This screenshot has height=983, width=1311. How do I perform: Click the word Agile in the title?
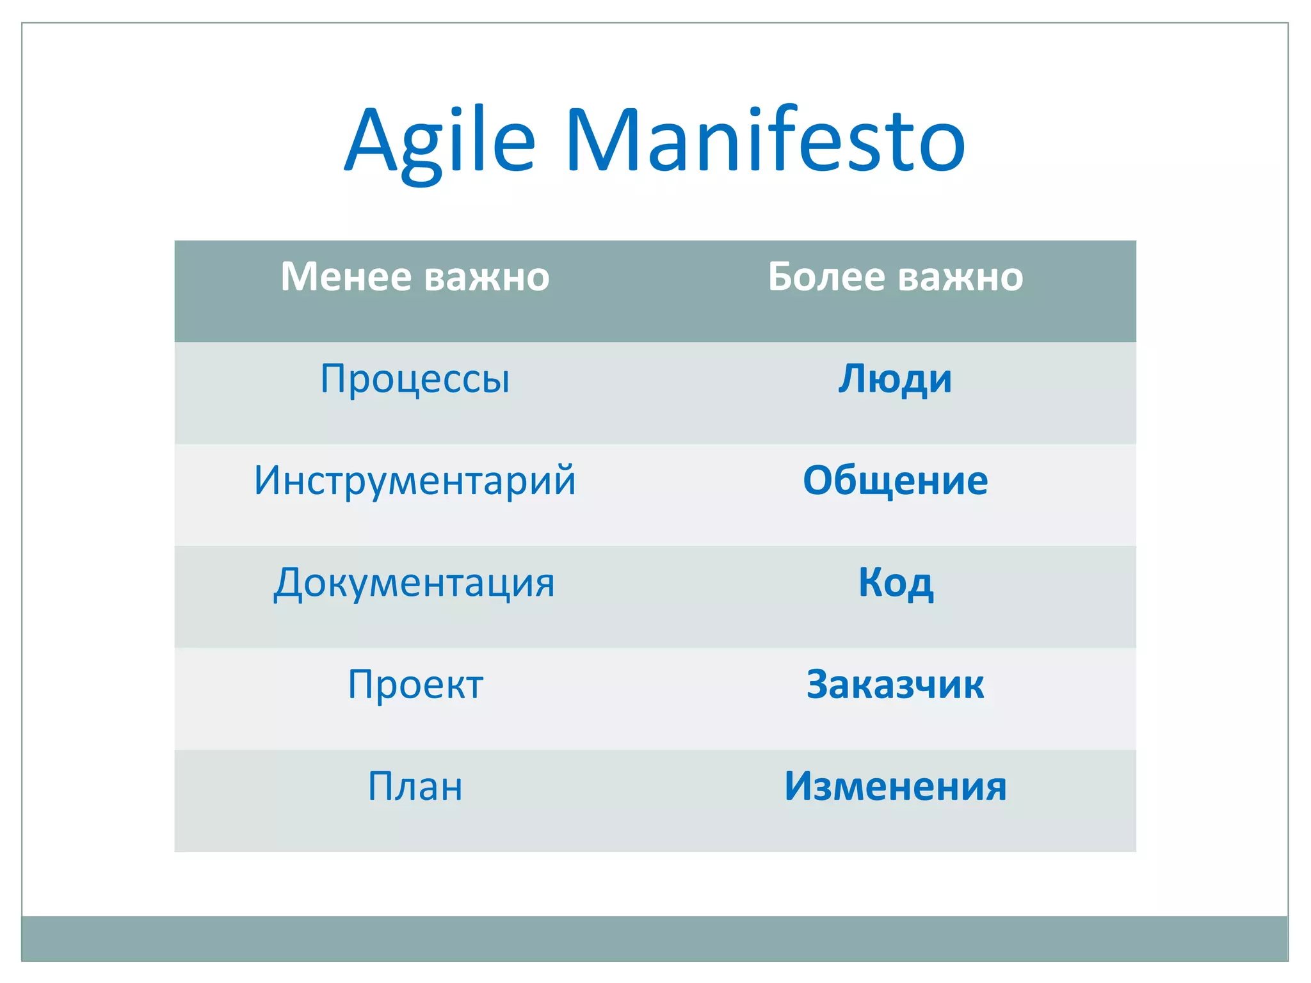pos(440,141)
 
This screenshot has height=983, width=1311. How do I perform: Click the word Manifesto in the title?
pos(766,141)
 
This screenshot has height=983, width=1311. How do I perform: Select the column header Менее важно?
pos(415,277)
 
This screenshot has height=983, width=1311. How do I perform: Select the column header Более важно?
pos(895,277)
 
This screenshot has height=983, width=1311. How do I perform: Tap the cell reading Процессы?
pos(415,379)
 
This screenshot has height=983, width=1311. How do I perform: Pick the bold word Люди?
pos(895,379)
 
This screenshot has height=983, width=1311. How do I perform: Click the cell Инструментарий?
pos(415,481)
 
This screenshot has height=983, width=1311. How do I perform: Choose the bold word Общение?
pos(895,481)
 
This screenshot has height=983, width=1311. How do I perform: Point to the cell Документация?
pos(415,583)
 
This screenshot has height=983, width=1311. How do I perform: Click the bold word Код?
pos(895,583)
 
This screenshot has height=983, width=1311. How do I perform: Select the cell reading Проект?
pos(415,685)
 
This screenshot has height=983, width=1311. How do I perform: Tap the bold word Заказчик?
pos(895,685)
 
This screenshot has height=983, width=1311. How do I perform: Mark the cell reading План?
pos(415,787)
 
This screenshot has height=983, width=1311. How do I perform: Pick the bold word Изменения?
pos(895,787)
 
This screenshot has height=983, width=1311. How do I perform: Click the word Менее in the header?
pos(346,277)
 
